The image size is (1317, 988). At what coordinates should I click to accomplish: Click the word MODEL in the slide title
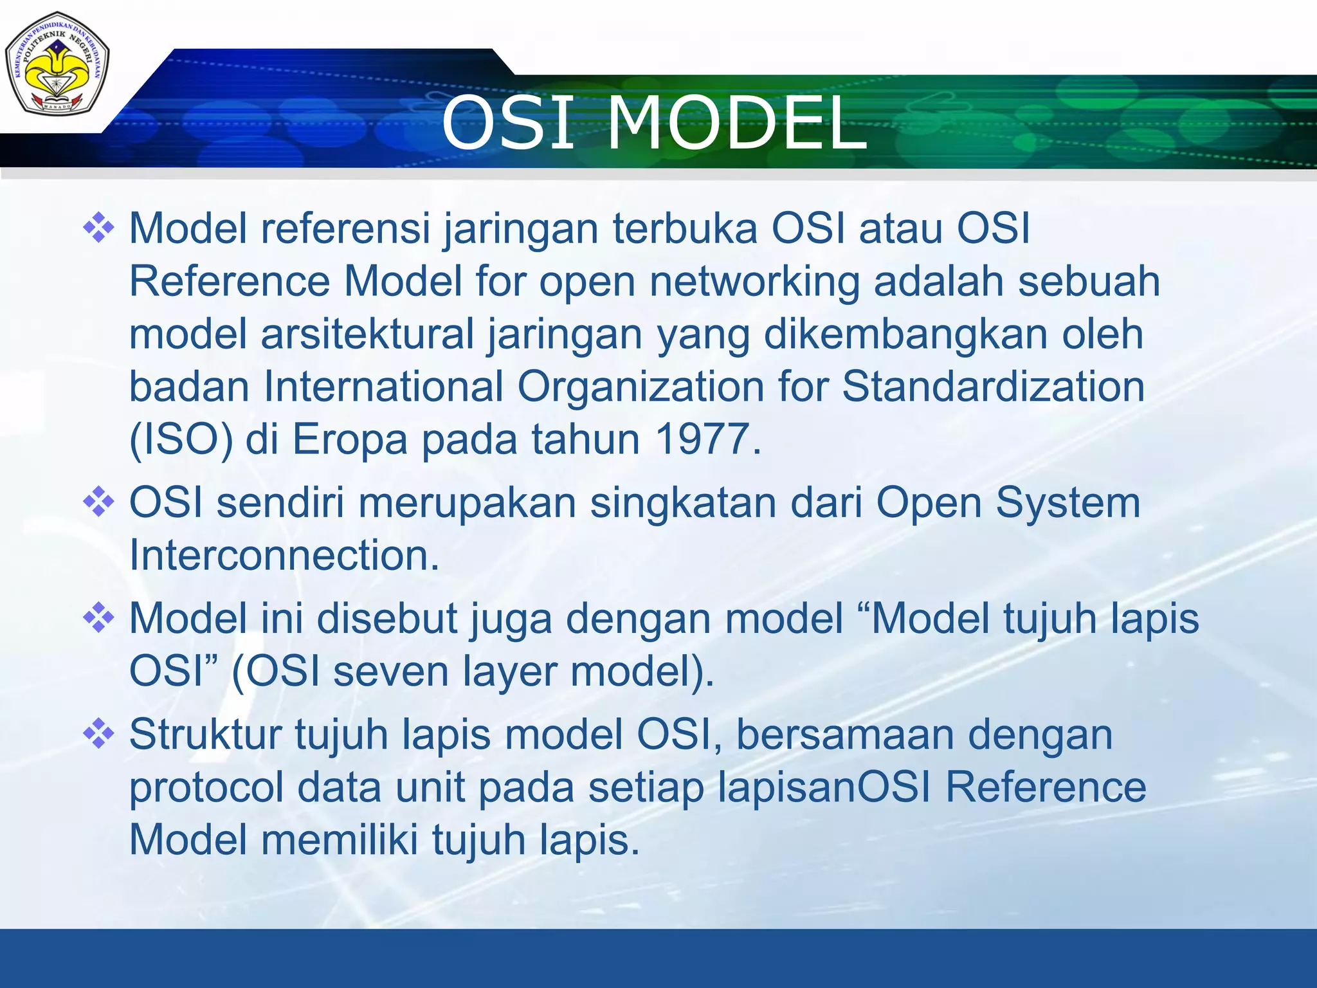[x=737, y=123]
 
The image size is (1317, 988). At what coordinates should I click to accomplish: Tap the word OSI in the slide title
[x=507, y=123]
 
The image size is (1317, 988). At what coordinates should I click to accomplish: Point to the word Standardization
[x=993, y=387]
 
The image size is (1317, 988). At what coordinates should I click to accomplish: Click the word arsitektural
[x=367, y=335]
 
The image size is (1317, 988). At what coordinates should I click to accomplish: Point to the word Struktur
[x=205, y=735]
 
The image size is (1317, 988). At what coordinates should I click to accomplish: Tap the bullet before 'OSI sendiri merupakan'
[x=98, y=502]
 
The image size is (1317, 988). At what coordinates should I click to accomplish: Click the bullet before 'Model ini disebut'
[x=98, y=618]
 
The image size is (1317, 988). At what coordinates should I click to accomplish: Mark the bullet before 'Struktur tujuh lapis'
[x=98, y=734]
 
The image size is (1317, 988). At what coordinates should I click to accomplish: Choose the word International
[x=383, y=387]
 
